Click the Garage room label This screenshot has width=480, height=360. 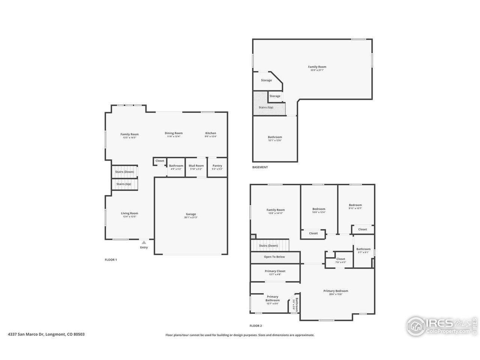(x=191, y=214)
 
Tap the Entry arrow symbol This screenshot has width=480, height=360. (x=144, y=243)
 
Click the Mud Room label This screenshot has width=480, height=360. (x=196, y=166)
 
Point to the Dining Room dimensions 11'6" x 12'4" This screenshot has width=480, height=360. (x=174, y=136)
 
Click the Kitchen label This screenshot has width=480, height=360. (x=211, y=133)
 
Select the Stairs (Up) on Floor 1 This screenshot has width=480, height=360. (x=124, y=184)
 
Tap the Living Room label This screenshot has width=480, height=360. (x=129, y=213)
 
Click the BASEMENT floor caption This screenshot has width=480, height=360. (x=260, y=167)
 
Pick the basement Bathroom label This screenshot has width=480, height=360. (x=275, y=137)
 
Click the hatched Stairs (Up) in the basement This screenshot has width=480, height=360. (x=266, y=107)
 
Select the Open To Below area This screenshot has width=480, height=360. (x=274, y=257)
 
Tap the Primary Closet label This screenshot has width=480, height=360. (x=275, y=271)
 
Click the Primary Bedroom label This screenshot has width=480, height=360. (x=336, y=291)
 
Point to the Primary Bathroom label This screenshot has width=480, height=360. (x=273, y=298)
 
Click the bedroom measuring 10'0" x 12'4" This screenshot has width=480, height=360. (x=319, y=209)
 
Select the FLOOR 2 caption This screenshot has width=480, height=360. (x=256, y=326)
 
